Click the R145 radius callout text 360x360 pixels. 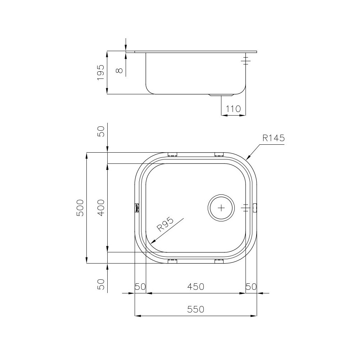[x=274, y=138]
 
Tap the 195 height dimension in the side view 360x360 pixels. [x=100, y=72]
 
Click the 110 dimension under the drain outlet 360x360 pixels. [x=233, y=109]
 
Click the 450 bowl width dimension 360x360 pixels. [x=196, y=287]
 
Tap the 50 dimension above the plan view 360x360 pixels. [x=101, y=131]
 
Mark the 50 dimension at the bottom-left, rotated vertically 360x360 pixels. [x=101, y=284]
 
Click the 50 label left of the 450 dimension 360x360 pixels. [x=140, y=287]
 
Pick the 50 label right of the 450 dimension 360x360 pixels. [x=251, y=287]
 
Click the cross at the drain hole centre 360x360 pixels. [x=221, y=208]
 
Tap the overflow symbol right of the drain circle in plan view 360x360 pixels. [x=245, y=208]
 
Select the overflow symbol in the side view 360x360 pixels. [x=246, y=60]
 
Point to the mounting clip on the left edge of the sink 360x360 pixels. [x=136, y=208]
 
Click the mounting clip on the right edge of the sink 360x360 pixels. [x=255, y=208]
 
